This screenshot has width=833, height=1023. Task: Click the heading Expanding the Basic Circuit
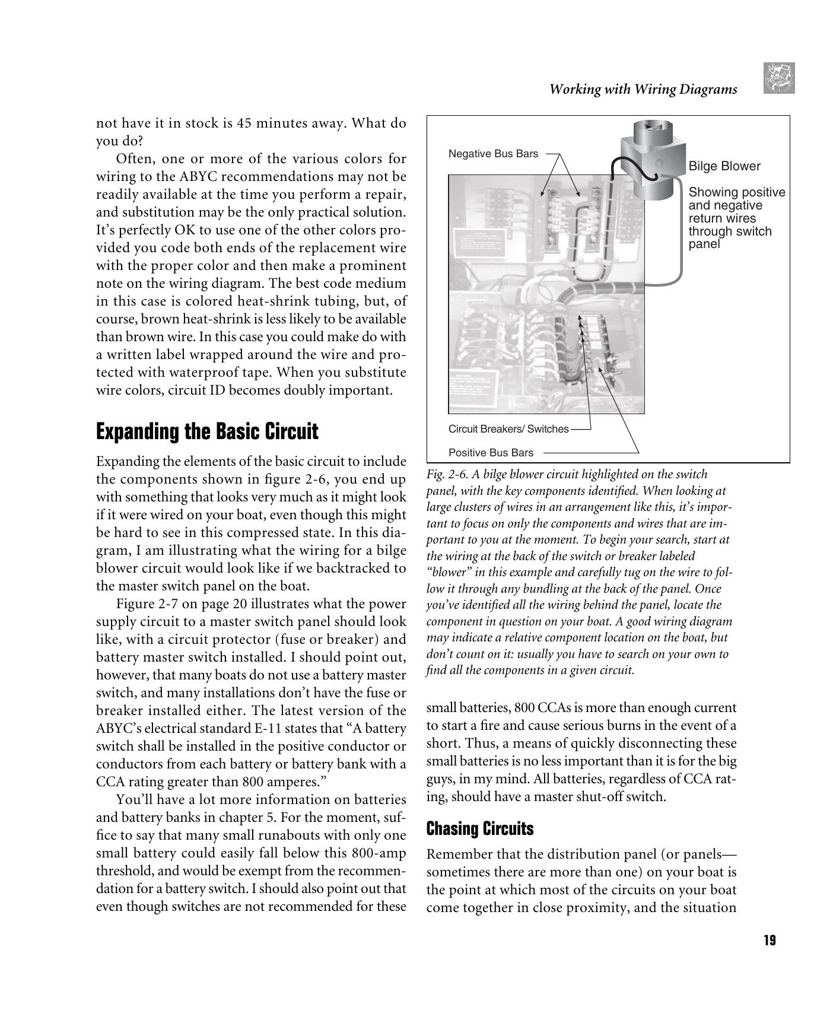pos(207,431)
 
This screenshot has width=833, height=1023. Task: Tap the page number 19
pos(770,940)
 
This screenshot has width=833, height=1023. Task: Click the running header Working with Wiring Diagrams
pos(643,90)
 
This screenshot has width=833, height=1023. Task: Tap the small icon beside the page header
pos(779,78)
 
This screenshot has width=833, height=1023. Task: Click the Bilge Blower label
pos(724,166)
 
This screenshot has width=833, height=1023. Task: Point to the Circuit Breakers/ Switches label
pos(508,429)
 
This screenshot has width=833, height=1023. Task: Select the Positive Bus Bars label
pos(491,453)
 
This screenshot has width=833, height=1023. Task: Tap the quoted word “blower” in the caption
pos(449,573)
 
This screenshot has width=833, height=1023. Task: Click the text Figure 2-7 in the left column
pos(142,604)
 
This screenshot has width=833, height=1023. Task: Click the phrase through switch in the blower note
pos(730,231)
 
